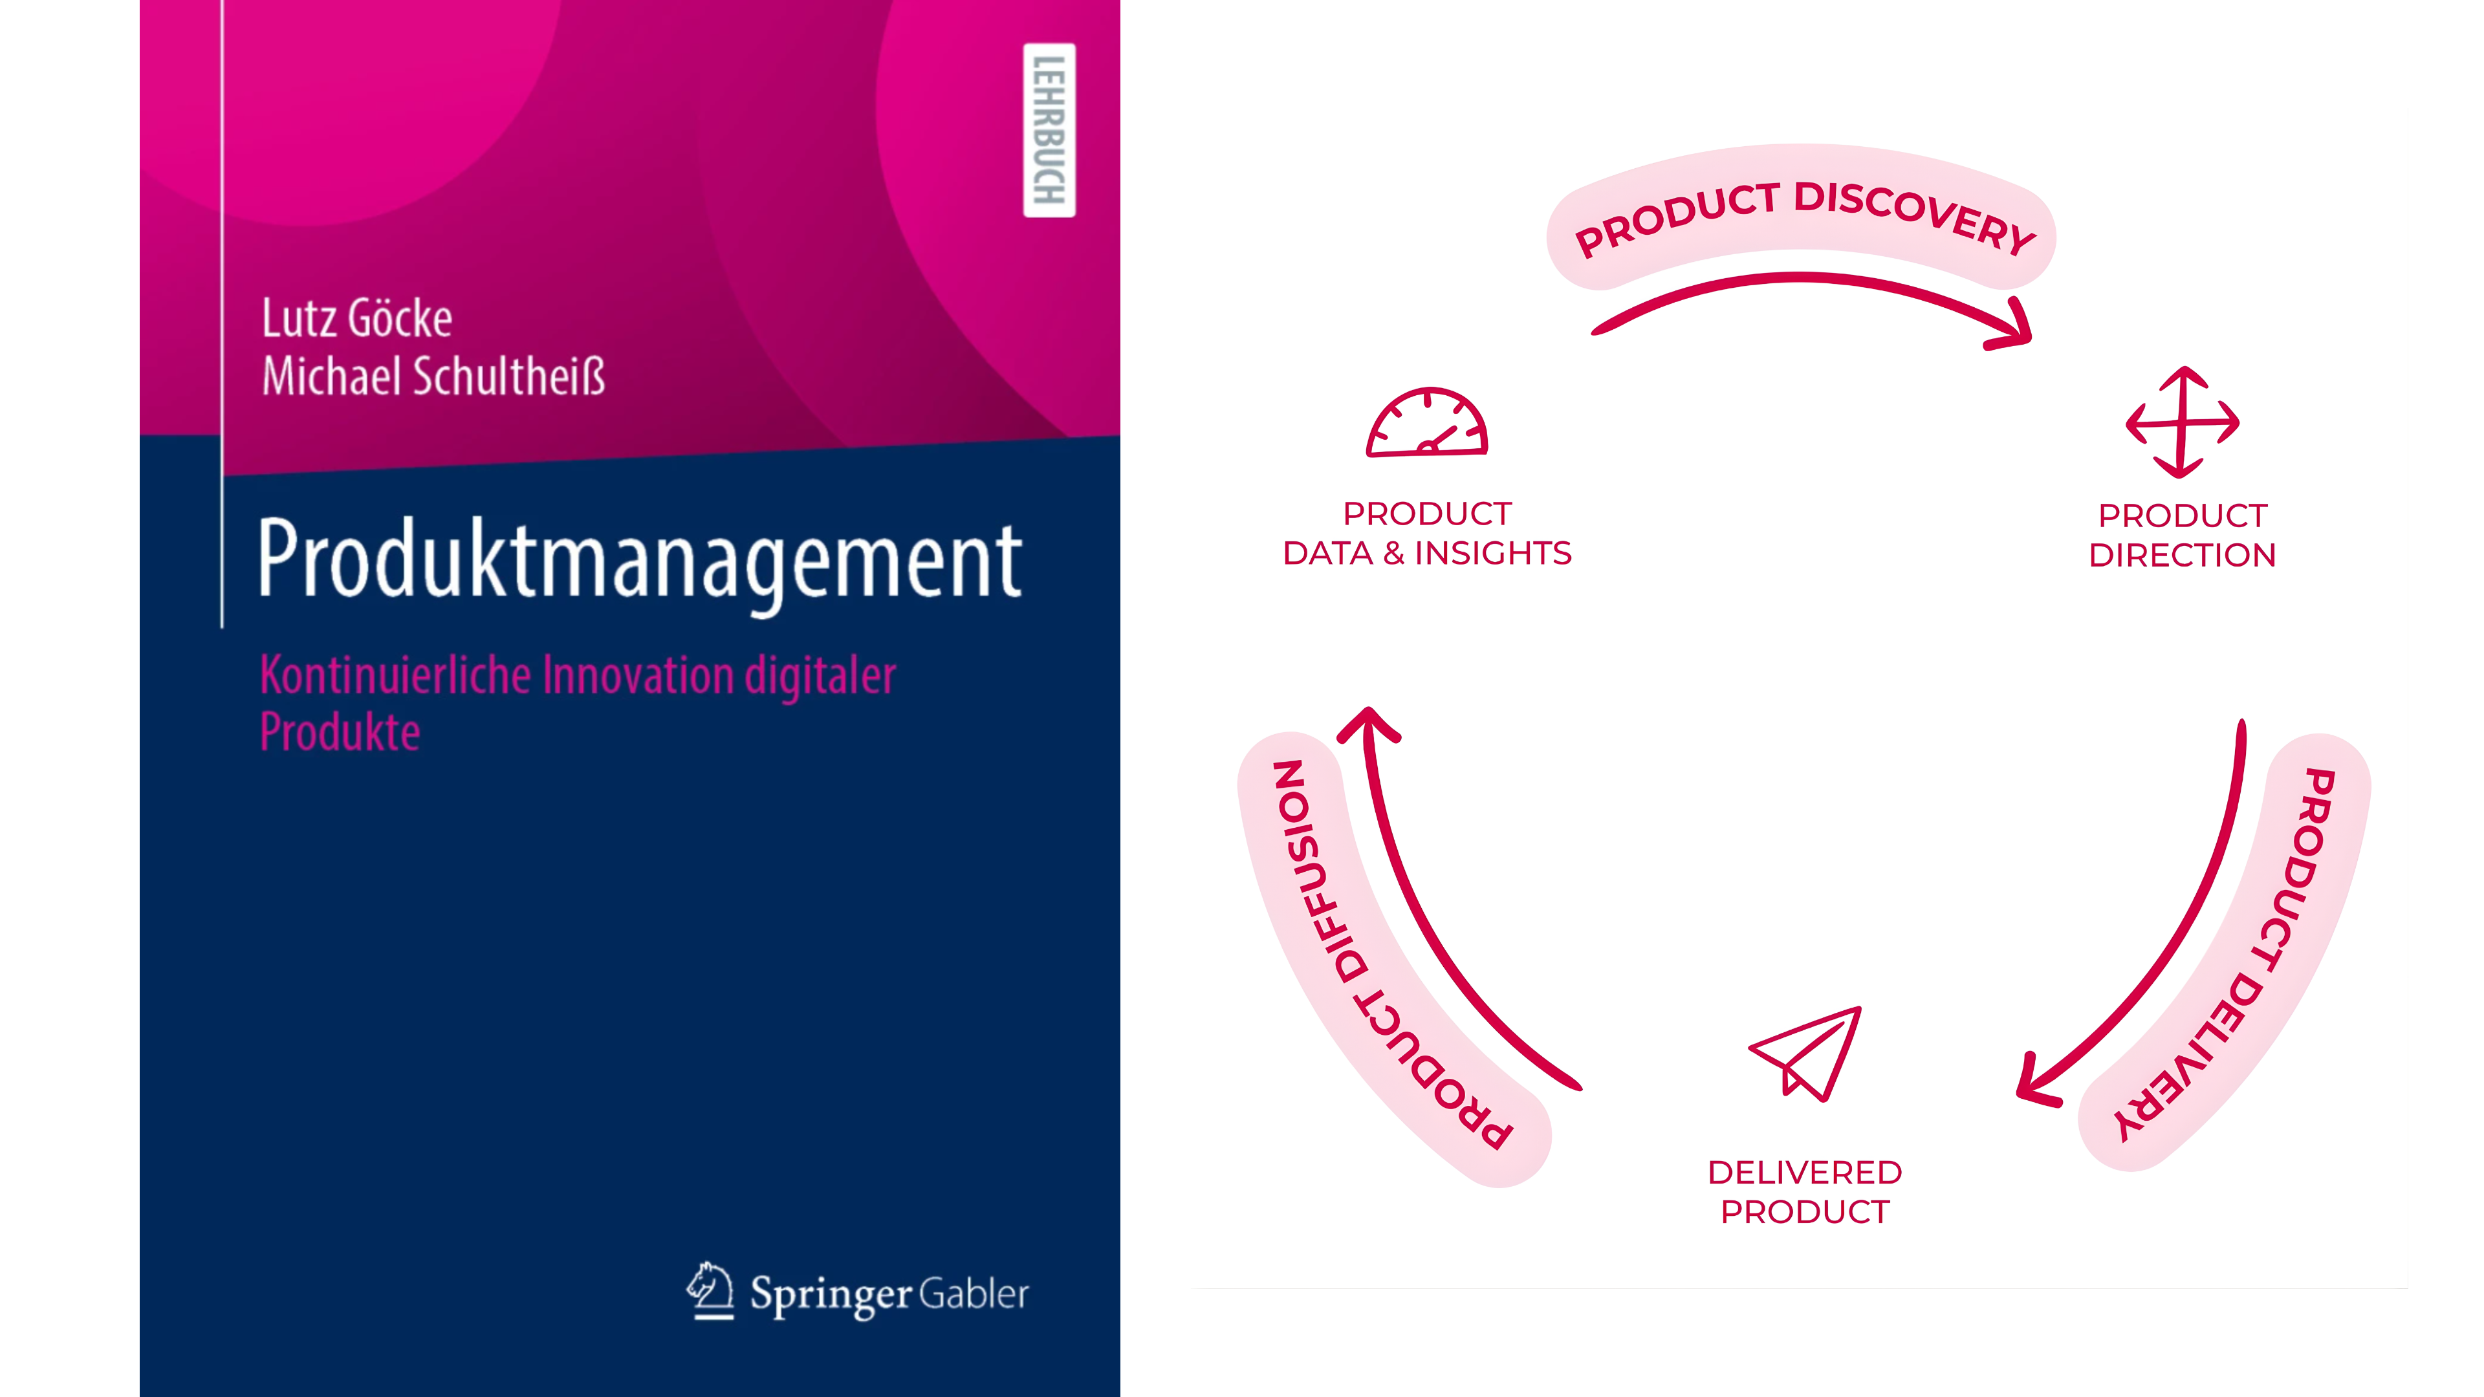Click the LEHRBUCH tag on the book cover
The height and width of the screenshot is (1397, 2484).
click(x=1049, y=130)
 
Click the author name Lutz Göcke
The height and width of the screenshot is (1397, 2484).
click(x=357, y=318)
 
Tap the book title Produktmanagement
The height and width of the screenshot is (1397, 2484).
click(x=639, y=562)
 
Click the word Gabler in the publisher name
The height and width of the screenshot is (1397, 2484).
click(x=974, y=1293)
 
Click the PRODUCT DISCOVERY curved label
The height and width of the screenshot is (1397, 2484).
click(x=1802, y=214)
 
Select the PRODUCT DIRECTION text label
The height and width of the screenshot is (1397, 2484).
click(x=2182, y=535)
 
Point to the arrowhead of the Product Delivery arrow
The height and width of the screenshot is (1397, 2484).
click(x=2034, y=1082)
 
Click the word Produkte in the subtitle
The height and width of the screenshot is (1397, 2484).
click(x=340, y=731)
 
